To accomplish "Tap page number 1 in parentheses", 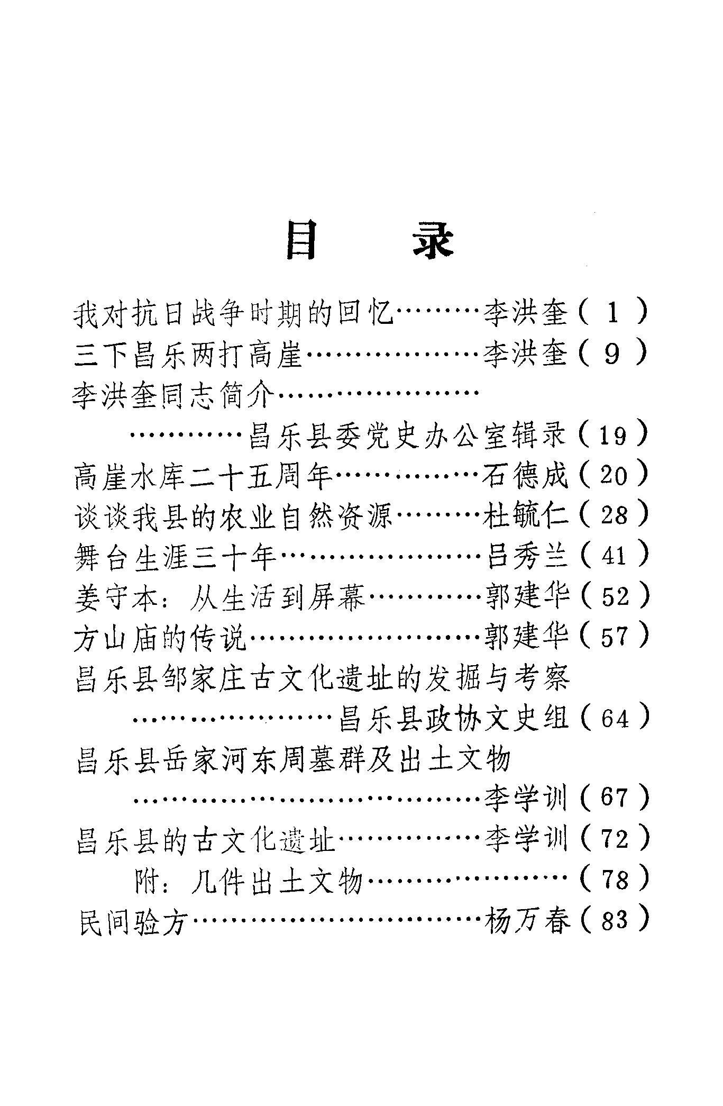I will [x=612, y=313].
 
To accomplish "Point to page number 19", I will [x=614, y=435].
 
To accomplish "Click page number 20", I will [x=614, y=475].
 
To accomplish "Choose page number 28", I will [x=614, y=515].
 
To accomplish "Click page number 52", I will [x=614, y=596].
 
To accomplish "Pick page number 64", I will [x=614, y=719].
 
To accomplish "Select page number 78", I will [x=614, y=880].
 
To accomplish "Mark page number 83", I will [x=614, y=920].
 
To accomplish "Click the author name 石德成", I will [x=525, y=475].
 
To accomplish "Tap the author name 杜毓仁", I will [x=525, y=515].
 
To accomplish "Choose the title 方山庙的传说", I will [x=161, y=637].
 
